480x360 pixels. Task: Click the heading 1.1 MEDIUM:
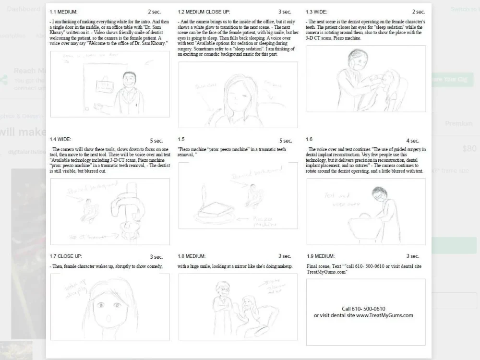63,12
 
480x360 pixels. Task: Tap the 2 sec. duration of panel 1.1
155,12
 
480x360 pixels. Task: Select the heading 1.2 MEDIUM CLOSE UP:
204,12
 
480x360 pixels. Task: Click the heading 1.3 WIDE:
320,12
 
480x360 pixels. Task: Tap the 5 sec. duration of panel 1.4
156,141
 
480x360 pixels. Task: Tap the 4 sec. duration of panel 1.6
413,141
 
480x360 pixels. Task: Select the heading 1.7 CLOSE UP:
66,256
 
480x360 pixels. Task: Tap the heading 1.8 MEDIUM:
192,256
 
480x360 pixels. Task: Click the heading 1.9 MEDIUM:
320,256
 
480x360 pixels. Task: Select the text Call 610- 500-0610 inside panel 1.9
363,309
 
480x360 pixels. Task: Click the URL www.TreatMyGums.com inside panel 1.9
384,315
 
